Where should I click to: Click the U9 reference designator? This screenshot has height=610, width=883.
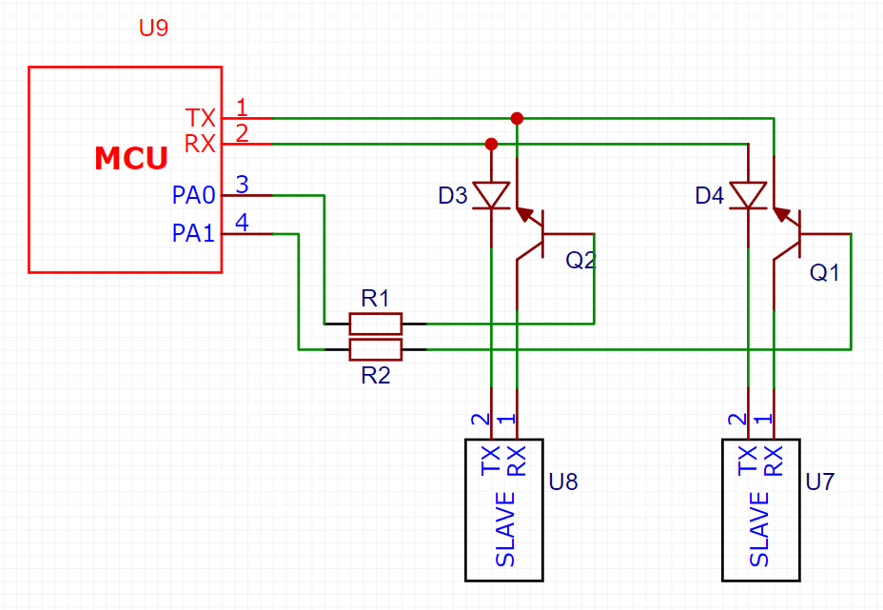(x=153, y=28)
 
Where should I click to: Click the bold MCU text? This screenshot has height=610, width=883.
(x=131, y=158)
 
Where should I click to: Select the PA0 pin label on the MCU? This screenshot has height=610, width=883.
(x=194, y=195)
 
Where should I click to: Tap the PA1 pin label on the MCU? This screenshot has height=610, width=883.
(x=194, y=233)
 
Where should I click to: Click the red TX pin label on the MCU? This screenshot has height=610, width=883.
(x=201, y=118)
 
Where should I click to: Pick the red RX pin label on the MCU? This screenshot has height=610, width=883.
(x=200, y=145)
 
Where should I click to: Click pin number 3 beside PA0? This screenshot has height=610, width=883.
(x=242, y=185)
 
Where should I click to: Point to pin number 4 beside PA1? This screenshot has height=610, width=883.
(x=242, y=223)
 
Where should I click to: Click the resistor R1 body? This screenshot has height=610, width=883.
(x=376, y=324)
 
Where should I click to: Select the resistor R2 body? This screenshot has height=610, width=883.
(x=376, y=350)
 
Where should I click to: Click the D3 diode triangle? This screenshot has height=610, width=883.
(x=491, y=195)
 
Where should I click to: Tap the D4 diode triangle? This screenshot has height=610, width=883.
(x=748, y=195)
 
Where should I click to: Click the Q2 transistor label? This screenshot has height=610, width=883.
(x=580, y=260)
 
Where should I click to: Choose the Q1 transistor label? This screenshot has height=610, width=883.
(x=824, y=272)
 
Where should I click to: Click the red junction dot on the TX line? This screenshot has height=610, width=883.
(x=517, y=118)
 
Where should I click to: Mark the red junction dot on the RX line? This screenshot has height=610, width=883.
(x=491, y=145)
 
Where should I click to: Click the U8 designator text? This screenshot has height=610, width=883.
(x=563, y=482)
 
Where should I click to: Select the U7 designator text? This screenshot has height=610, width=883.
(x=820, y=482)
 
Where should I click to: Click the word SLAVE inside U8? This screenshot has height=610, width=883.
(x=505, y=529)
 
